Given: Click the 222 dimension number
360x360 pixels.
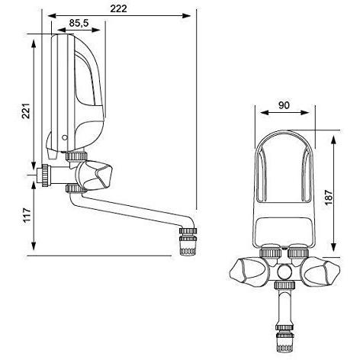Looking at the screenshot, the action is [x=118, y=8].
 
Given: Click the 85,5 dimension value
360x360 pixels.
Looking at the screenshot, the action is [x=79, y=23].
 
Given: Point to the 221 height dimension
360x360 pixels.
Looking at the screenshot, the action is [x=26, y=111].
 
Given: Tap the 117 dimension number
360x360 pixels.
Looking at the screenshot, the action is [x=26, y=215].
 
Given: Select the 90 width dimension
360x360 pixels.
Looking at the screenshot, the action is [x=284, y=105].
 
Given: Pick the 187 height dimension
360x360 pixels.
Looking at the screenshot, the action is [x=329, y=197].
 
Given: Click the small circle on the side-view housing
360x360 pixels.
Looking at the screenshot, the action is [x=65, y=137].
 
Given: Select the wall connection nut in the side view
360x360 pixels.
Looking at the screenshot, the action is [x=45, y=175].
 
